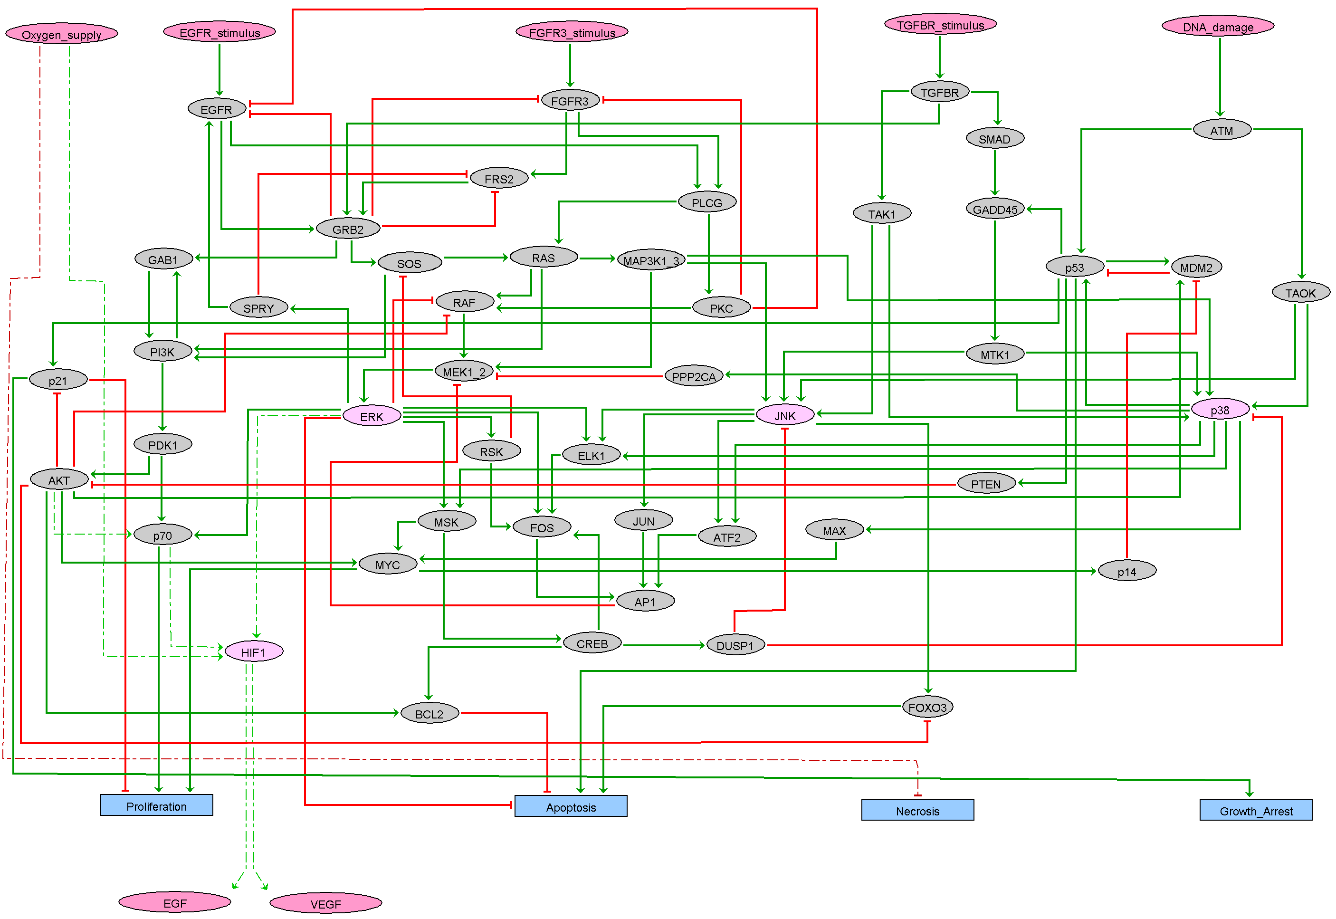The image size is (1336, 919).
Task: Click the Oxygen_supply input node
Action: pos(62,34)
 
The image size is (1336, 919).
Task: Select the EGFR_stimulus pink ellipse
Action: pos(219,32)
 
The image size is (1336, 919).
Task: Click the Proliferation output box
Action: pos(157,805)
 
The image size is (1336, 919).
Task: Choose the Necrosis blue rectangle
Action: pos(917,810)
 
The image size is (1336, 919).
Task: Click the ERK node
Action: pos(371,416)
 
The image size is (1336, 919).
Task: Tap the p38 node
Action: pos(1219,410)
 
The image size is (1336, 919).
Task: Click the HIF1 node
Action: pos(253,652)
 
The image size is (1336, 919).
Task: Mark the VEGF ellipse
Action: pos(326,903)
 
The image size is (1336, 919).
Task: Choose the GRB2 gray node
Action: pos(348,229)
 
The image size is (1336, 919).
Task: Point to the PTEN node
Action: pos(985,484)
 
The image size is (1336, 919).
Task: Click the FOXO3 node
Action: pos(927,707)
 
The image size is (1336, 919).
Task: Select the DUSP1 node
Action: pos(735,645)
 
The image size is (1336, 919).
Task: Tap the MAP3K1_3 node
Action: pos(651,261)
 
